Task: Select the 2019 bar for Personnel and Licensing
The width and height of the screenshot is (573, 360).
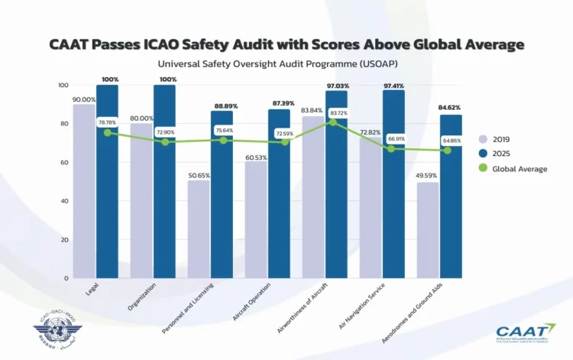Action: (198, 229)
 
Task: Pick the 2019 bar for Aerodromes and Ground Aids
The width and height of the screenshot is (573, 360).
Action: (428, 230)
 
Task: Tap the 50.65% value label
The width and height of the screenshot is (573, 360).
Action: (198, 174)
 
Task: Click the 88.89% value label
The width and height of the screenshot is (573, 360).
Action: (222, 105)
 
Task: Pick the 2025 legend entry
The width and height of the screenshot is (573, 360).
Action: (501, 154)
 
